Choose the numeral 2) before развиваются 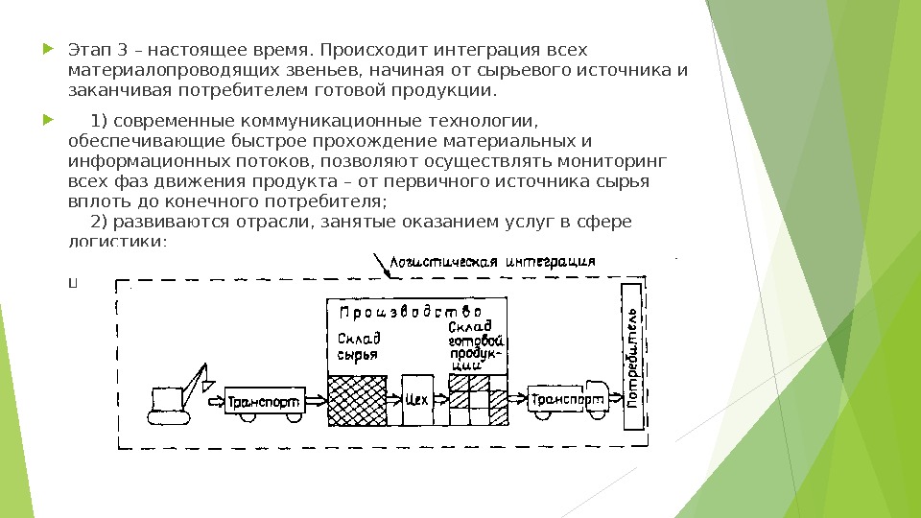[98, 223]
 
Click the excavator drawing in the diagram [179, 395]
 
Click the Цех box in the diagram [416, 400]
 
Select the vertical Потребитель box [633, 357]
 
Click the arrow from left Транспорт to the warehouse [315, 400]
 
